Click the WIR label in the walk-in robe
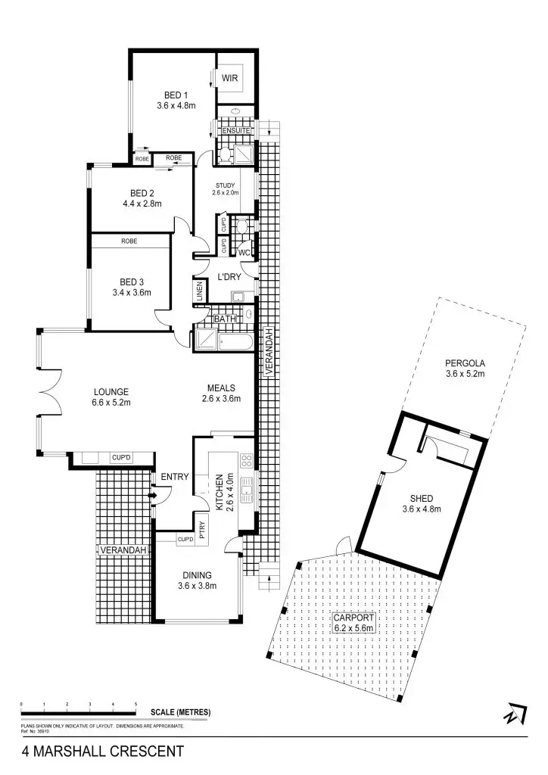[x=230, y=78]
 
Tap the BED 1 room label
[x=176, y=95]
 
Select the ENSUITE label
[x=235, y=131]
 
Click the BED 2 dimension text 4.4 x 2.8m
[x=142, y=204]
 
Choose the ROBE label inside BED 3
[x=128, y=241]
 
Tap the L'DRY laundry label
[x=229, y=277]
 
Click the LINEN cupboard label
[x=200, y=292]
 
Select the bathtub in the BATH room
[x=220, y=340]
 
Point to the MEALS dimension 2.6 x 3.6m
[x=221, y=399]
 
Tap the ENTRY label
[x=174, y=476]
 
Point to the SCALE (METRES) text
[x=180, y=713]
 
